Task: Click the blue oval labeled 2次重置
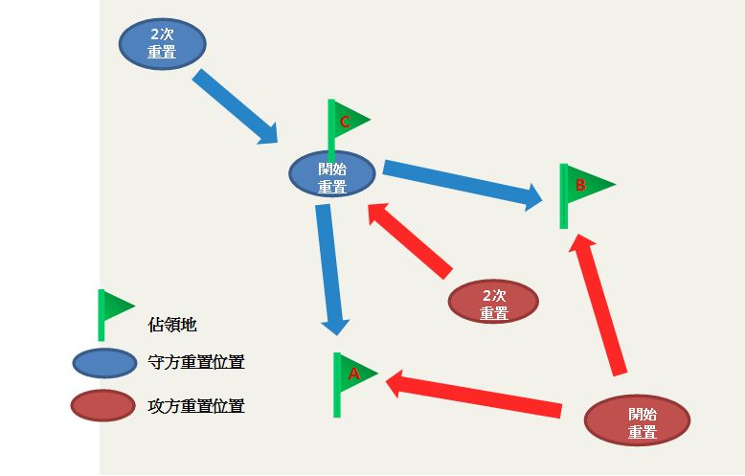pos(162,44)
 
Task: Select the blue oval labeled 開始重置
pos(332,174)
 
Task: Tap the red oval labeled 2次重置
pos(493,303)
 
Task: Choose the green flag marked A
pos(352,374)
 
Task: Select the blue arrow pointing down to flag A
pos(329,268)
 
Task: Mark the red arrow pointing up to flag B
pos(600,306)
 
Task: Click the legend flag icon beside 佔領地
pos(111,310)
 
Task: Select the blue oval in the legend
pos(104,363)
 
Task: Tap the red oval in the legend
pos(102,405)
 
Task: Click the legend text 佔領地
pos(173,324)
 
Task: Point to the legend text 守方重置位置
pos(196,363)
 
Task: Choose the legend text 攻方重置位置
pos(196,406)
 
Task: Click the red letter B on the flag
pos(580,183)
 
